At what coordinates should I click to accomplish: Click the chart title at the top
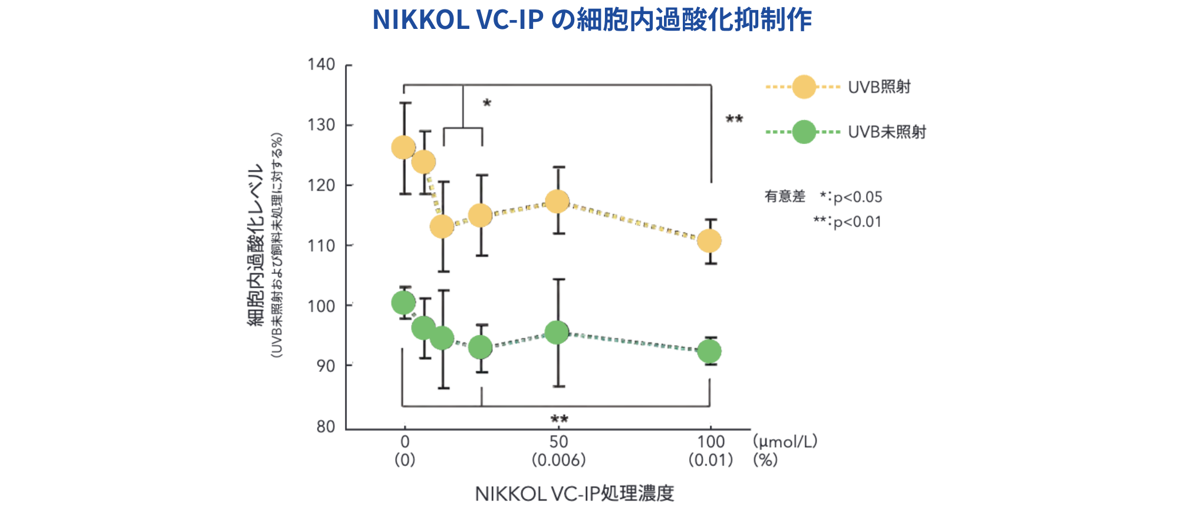(592, 20)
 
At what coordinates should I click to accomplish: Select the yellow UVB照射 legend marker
(804, 87)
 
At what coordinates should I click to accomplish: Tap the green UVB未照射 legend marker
(804, 132)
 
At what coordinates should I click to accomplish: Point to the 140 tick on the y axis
(321, 64)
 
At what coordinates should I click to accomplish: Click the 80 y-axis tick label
(325, 426)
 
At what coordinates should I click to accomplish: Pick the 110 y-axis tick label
(321, 245)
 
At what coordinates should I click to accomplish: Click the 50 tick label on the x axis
(558, 442)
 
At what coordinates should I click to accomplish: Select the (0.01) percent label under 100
(711, 460)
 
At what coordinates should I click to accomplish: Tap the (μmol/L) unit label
(785, 441)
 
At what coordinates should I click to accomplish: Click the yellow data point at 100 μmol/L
(709, 241)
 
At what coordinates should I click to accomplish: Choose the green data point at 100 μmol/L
(709, 352)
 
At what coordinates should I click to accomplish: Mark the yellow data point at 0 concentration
(403, 148)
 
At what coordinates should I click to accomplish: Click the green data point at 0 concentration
(403, 303)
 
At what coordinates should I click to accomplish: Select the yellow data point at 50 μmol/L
(557, 202)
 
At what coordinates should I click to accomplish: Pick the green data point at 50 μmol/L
(557, 333)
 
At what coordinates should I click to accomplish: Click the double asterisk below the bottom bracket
(559, 420)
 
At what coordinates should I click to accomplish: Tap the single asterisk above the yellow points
(487, 104)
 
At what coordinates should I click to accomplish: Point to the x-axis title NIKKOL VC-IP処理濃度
(574, 493)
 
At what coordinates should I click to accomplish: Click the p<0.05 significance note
(857, 197)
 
